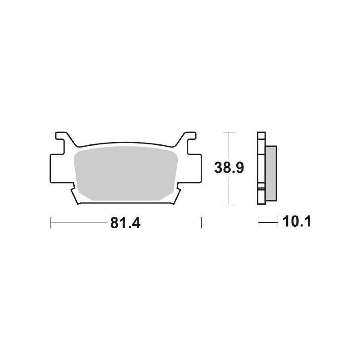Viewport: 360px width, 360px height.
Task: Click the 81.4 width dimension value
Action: point(125,223)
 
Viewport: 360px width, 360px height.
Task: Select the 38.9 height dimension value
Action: point(229,168)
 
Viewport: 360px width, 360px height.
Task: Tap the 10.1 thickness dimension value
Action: point(297,222)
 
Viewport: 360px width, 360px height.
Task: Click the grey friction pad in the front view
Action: point(126,173)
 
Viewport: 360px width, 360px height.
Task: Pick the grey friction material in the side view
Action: point(271,173)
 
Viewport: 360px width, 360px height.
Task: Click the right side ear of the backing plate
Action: point(195,168)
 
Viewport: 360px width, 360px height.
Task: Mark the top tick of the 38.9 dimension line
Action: point(229,132)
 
